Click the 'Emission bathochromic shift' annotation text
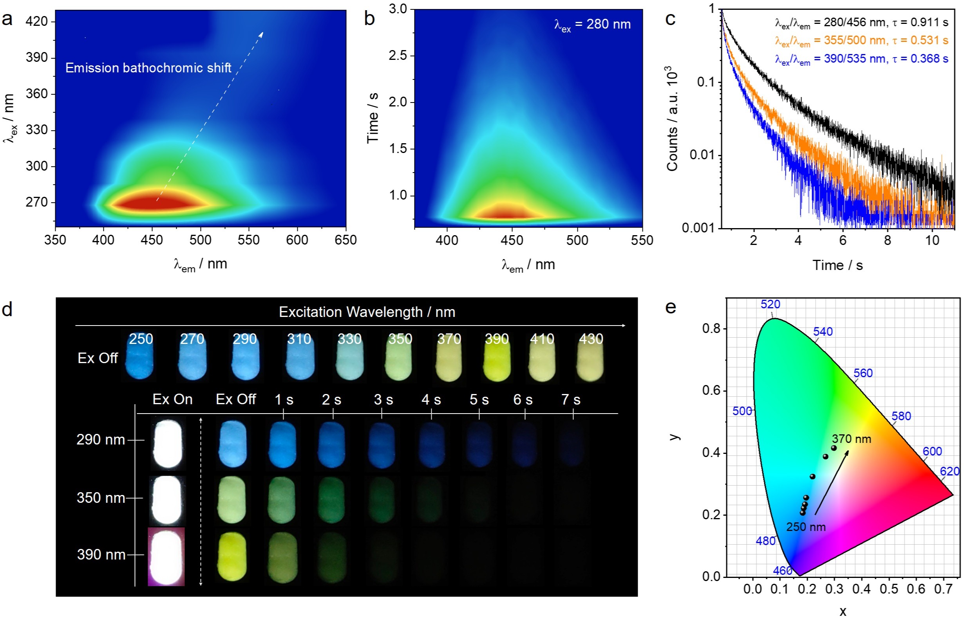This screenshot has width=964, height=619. [148, 68]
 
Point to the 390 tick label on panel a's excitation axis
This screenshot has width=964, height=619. [36, 58]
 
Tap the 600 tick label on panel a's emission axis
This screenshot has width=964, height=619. [297, 240]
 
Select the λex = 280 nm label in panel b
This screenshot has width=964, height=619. [592, 25]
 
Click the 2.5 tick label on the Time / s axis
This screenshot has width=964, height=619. [398, 56]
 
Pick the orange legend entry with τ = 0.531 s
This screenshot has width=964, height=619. [861, 41]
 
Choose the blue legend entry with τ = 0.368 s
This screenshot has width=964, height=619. [861, 59]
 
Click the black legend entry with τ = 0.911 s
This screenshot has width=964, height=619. [861, 23]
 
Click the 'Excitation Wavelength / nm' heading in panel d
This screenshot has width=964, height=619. [367, 312]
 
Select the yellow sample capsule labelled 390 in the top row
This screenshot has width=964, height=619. [497, 358]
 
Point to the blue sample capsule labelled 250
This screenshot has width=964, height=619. [139, 358]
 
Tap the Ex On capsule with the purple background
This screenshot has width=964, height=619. [166, 557]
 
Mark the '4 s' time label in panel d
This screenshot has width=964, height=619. [431, 400]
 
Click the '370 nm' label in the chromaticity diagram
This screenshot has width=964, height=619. [851, 439]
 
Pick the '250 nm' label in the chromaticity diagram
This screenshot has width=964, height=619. [805, 527]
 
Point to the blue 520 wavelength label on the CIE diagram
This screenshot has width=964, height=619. [770, 304]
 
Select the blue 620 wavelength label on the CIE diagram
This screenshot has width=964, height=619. [950, 471]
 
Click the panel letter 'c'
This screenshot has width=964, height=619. [670, 19]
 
